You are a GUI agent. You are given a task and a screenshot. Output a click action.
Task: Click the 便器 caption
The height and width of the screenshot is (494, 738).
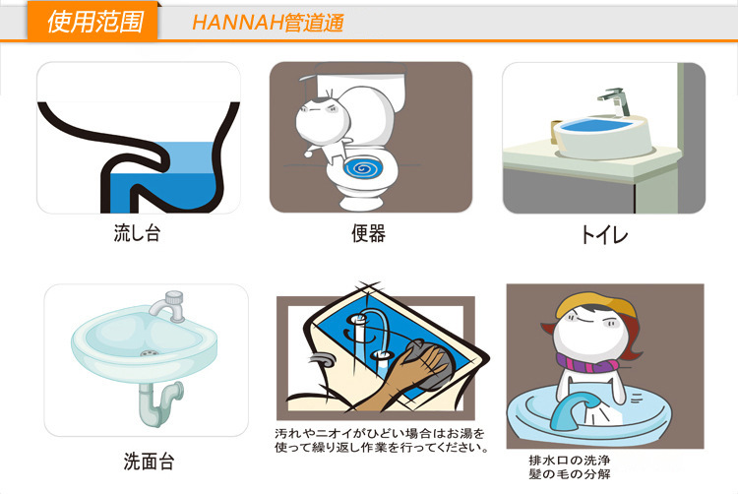369,233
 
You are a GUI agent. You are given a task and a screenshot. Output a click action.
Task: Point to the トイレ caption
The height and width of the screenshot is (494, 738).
603,235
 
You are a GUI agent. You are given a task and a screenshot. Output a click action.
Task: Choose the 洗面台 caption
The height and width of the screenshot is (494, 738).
149,460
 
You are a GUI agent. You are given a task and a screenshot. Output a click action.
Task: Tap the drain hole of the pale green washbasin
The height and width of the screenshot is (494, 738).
147,351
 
